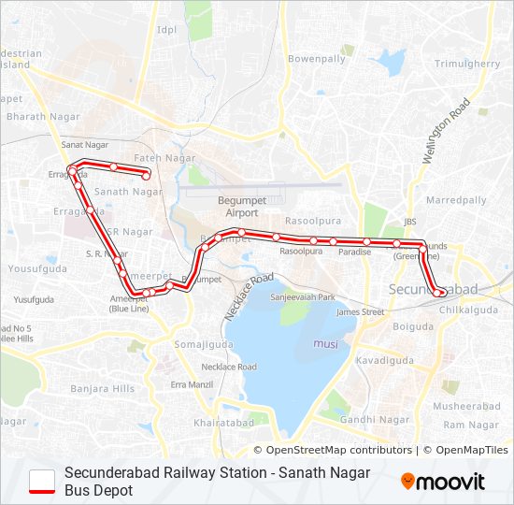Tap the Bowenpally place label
(317, 58)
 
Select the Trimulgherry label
(468, 64)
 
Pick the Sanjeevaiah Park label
(302, 296)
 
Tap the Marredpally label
(456, 200)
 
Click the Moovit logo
(443, 482)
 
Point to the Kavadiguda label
(384, 359)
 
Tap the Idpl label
(167, 29)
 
